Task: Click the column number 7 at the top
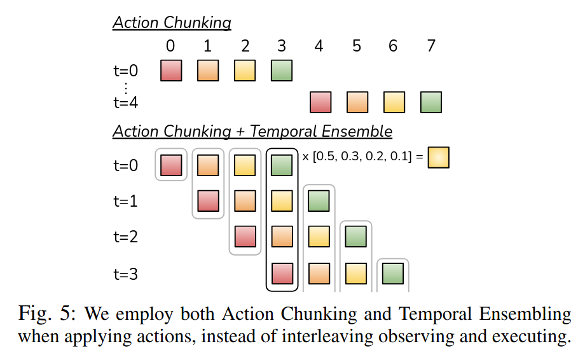tap(431, 46)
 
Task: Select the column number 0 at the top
tap(170, 46)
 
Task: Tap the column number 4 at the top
tap(319, 46)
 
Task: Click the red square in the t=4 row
tap(320, 102)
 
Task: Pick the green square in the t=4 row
tap(431, 102)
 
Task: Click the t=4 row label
tap(126, 102)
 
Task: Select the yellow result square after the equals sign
tap(438, 158)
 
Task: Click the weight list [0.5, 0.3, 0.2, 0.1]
tap(362, 156)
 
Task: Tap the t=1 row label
tap(126, 201)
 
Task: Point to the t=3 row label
tap(126, 274)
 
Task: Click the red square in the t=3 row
tap(282, 273)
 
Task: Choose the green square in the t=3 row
tap(393, 273)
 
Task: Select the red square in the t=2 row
tap(245, 237)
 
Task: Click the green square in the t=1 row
tap(319, 201)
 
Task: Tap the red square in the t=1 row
tap(208, 201)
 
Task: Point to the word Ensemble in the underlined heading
tap(357, 131)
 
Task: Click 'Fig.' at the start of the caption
tap(35, 314)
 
